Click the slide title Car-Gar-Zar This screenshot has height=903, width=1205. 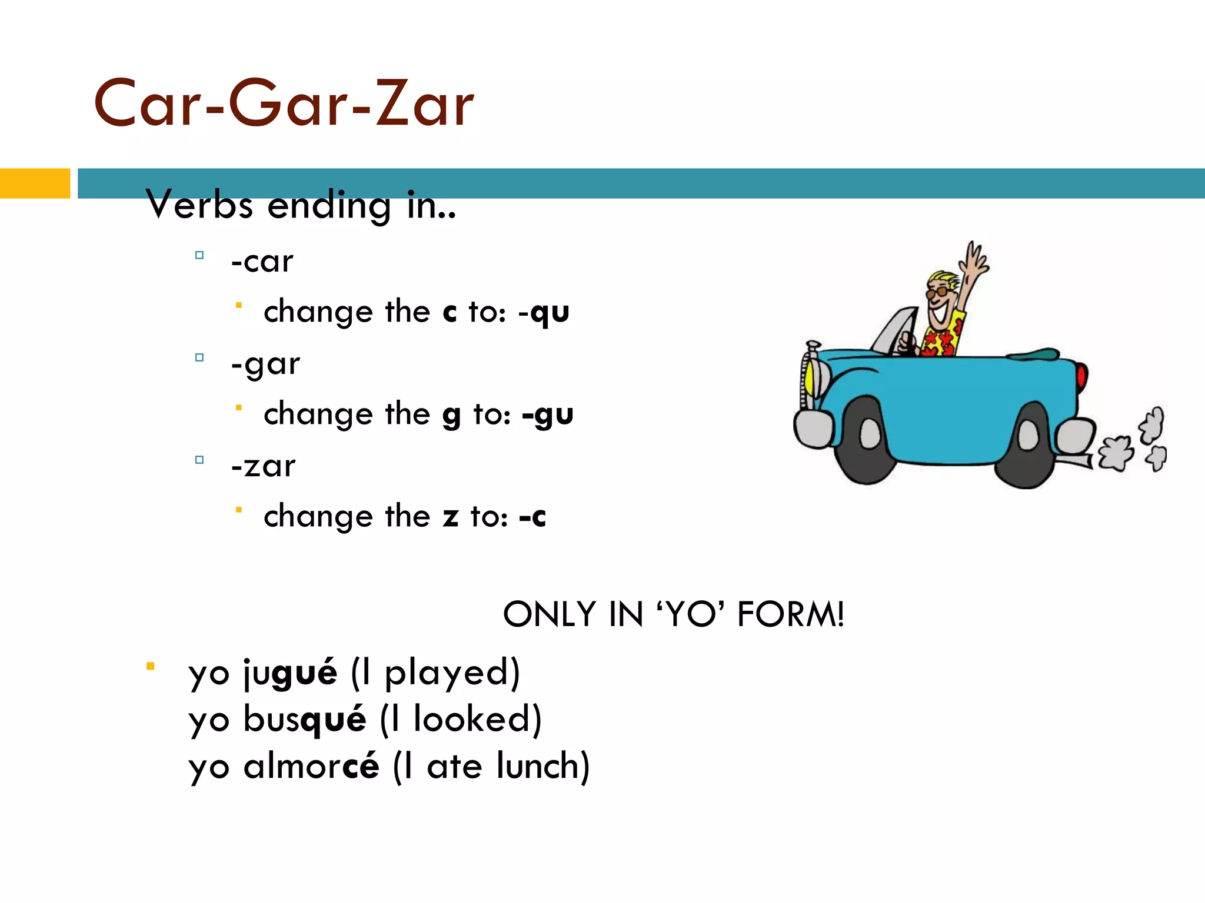coord(284,104)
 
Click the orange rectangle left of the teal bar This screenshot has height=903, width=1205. coord(35,183)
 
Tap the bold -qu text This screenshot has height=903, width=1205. coord(544,312)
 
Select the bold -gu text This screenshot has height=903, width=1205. coord(547,415)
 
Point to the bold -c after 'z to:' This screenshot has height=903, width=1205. coord(532,517)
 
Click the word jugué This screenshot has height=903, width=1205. coord(291,673)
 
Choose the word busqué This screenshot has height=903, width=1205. coord(305,720)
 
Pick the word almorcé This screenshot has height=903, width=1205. coord(311,766)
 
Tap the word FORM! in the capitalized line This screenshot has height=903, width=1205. coord(790,614)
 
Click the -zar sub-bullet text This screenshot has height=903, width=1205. coord(264,466)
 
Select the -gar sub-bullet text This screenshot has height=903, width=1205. coord(266,364)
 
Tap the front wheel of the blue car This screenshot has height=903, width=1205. coord(867,439)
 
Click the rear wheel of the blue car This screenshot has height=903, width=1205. coord(1026,445)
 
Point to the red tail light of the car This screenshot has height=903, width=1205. coord(1081,376)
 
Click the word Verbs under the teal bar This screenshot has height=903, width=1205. coord(199,205)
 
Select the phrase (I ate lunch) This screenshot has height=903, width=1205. coord(491,766)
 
